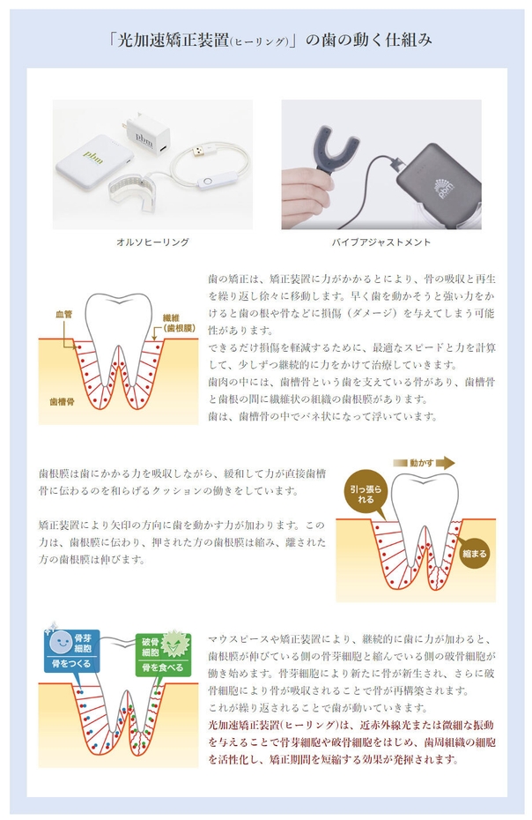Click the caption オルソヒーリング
[x=152, y=242]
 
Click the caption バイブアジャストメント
[x=381, y=242]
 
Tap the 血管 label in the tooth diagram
[x=63, y=313]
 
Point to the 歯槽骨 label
[x=63, y=400]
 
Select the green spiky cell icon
[x=178, y=642]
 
